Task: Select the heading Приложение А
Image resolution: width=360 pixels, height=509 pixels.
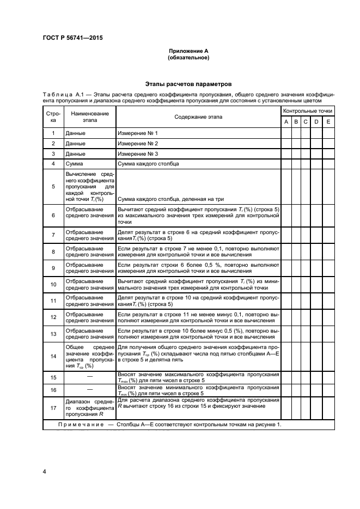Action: (188, 51)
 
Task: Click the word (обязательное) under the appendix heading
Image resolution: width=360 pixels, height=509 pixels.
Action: (188, 58)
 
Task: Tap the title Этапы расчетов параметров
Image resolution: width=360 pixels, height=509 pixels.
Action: (188, 84)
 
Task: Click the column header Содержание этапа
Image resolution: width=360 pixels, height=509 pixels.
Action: (198, 117)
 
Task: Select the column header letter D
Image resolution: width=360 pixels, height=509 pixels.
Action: (316, 122)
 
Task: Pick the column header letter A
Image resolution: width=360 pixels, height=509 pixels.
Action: (286, 122)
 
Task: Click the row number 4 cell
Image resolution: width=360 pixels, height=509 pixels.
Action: (53, 163)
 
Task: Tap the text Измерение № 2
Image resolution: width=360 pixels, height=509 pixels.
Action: (138, 143)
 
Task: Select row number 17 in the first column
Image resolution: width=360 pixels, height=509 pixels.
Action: (53, 408)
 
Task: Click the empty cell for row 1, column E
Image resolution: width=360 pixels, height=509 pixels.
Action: (328, 133)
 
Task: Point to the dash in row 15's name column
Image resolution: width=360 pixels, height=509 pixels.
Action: (90, 377)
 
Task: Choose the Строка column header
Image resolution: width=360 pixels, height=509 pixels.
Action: (53, 117)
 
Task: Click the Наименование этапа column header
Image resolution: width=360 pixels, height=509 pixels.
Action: (90, 117)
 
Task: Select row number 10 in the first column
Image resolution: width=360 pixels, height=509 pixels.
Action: (53, 284)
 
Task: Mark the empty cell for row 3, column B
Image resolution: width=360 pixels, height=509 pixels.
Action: (296, 154)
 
